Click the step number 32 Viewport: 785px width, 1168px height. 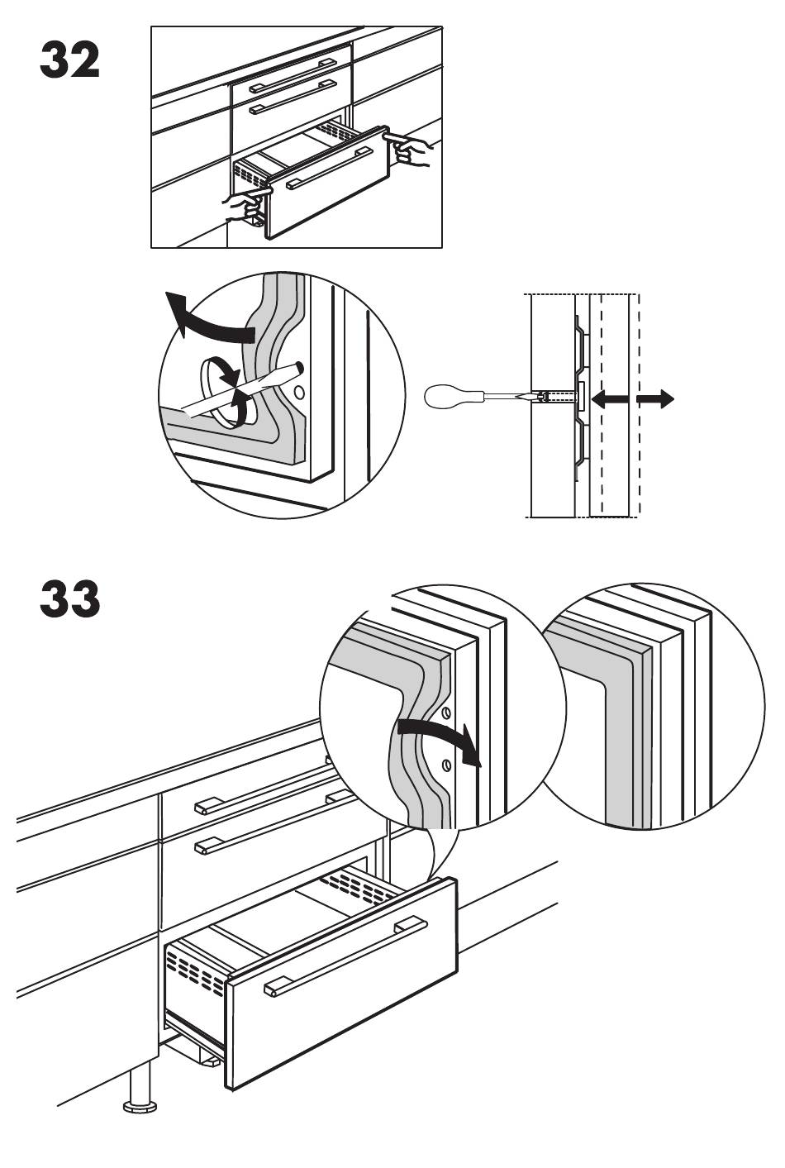(69, 60)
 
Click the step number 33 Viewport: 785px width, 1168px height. (69, 598)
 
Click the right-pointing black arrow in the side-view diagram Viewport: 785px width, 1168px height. (655, 399)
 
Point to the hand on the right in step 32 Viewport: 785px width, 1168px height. (409, 148)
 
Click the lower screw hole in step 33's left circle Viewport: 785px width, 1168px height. (445, 765)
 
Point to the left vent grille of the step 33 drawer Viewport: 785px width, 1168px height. (196, 969)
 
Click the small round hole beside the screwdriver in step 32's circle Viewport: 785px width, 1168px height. (299, 391)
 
